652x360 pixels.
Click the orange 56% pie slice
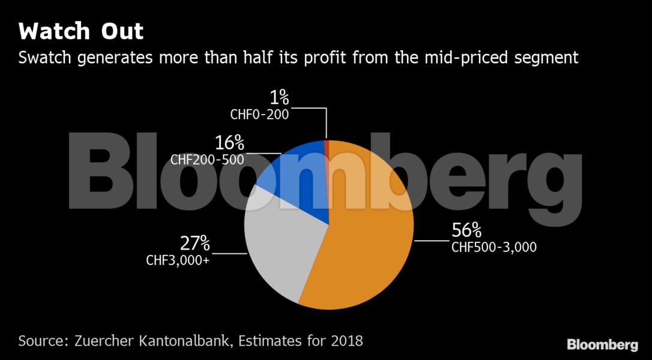tap(366, 240)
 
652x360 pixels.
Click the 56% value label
tap(466, 230)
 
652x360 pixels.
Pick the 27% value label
tap(195, 244)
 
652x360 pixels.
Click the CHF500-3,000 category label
tap(494, 247)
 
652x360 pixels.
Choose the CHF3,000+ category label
tap(178, 260)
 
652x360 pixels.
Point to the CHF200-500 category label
tap(207, 160)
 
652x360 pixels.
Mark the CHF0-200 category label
tap(259, 113)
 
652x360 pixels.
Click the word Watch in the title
tap(55, 31)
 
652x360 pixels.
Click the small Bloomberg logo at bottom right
tap(602, 345)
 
